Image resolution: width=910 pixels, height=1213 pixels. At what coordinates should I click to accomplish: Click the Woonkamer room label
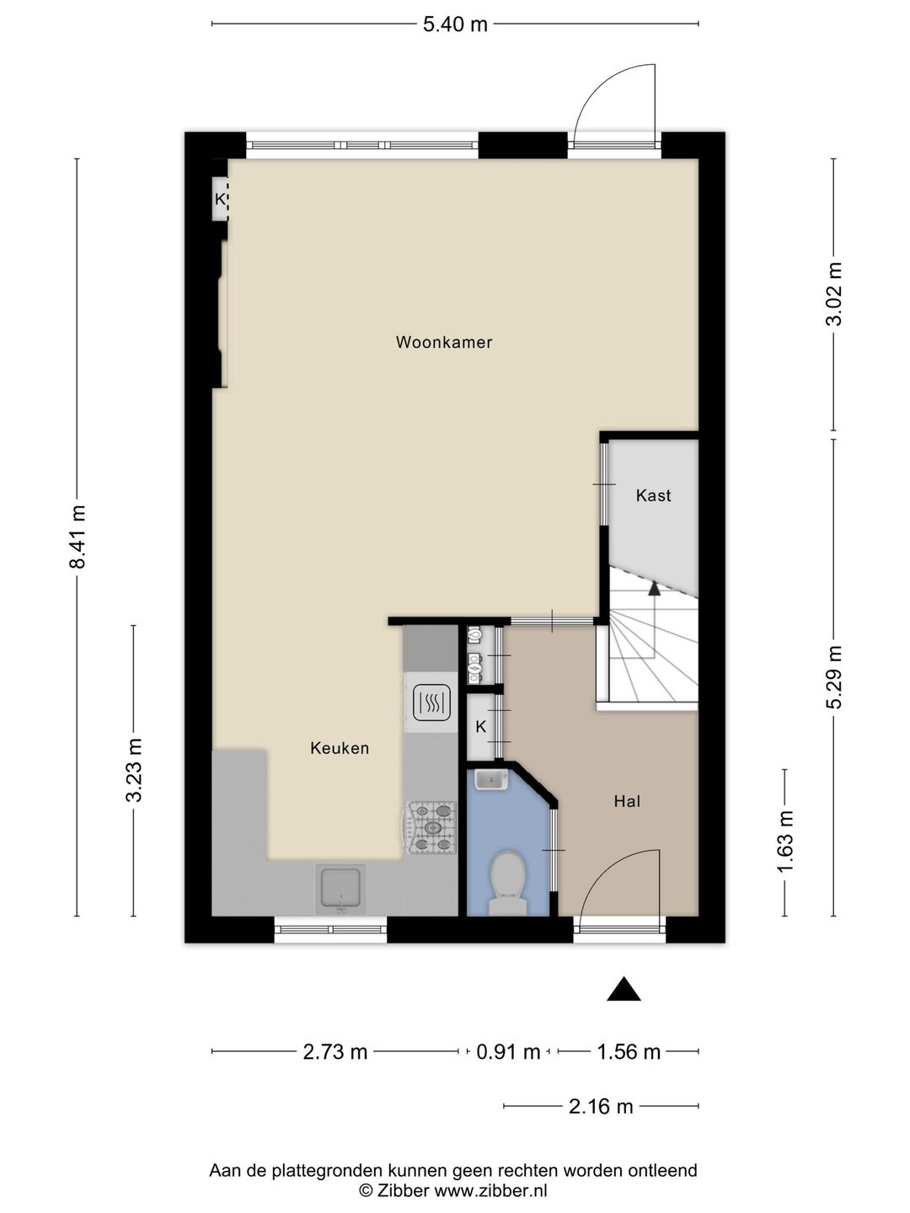pyautogui.click(x=444, y=343)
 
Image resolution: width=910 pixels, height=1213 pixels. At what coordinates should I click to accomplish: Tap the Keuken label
pyautogui.click(x=340, y=748)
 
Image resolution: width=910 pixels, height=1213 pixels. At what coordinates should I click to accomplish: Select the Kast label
pyautogui.click(x=653, y=495)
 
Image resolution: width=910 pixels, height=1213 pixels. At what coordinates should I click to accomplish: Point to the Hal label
pyautogui.click(x=627, y=801)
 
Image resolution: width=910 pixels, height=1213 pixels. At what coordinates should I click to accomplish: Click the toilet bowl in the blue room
pyautogui.click(x=508, y=883)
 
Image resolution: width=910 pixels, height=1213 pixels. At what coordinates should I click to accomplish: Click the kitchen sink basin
pyautogui.click(x=340, y=890)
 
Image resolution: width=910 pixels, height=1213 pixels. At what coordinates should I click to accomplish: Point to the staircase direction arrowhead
pyautogui.click(x=654, y=588)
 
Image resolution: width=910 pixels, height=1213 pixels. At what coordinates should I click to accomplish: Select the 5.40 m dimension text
pyautogui.click(x=455, y=24)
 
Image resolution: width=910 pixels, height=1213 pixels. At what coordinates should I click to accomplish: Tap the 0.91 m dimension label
pyautogui.click(x=508, y=1051)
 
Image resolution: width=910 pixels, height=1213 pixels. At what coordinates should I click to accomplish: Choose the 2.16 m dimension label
pyautogui.click(x=601, y=1106)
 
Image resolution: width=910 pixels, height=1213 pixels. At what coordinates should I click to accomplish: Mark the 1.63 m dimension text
pyautogui.click(x=785, y=842)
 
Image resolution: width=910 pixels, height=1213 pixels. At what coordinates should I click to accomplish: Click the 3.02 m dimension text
pyautogui.click(x=834, y=294)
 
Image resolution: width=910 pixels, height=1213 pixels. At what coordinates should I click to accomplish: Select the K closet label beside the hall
pyautogui.click(x=480, y=727)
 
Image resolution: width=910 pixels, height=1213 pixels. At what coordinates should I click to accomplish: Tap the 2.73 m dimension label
pyautogui.click(x=335, y=1051)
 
